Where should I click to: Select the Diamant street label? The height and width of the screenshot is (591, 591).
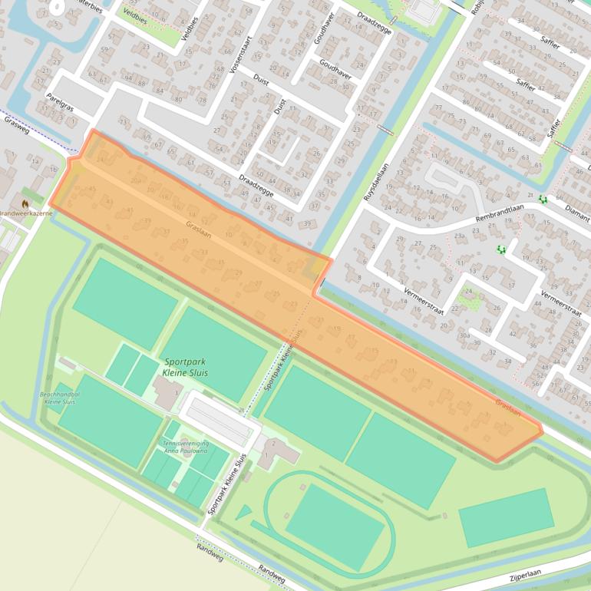click(x=576, y=205)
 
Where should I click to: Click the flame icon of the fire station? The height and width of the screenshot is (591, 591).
click(x=25, y=203)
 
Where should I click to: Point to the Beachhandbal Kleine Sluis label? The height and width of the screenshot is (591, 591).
click(x=62, y=398)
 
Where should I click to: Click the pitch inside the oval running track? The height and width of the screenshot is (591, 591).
click(x=335, y=527)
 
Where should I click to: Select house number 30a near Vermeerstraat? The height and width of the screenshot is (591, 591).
click(x=464, y=335)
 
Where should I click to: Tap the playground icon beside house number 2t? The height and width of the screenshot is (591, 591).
click(x=543, y=200)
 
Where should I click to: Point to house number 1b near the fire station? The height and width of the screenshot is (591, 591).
click(x=54, y=168)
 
